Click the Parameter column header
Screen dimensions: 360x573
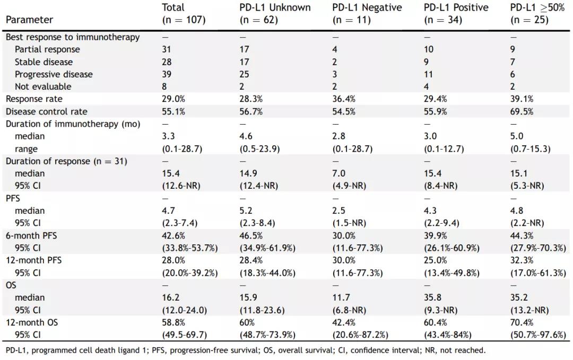pyautogui.click(x=29, y=20)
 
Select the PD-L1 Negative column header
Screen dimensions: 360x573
pyautogui.click(x=367, y=8)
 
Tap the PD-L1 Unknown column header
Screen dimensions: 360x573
pyautogui.click(x=275, y=8)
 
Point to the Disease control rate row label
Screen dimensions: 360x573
pyautogui.click(x=47, y=111)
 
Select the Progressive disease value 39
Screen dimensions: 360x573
pyautogui.click(x=167, y=74)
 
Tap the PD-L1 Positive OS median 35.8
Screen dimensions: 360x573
pyautogui.click(x=432, y=297)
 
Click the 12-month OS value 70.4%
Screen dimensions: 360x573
pyautogui.click(x=522, y=322)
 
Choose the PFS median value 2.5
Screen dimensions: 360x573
pyautogui.click(x=338, y=210)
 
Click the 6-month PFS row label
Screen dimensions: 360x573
pyautogui.click(x=31, y=235)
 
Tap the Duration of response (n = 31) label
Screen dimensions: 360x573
pyautogui.click(x=66, y=161)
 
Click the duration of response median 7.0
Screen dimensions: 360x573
pyautogui.click(x=338, y=173)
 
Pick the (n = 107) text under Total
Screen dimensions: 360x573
pyautogui.click(x=183, y=20)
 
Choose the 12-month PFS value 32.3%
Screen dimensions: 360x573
pyautogui.click(x=522, y=260)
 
